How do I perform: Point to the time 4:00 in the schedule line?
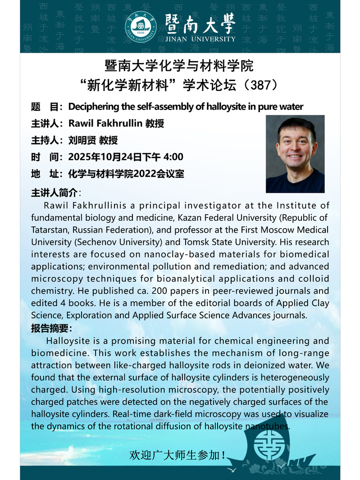click(173, 157)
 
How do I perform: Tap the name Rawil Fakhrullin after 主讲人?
click(105, 123)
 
